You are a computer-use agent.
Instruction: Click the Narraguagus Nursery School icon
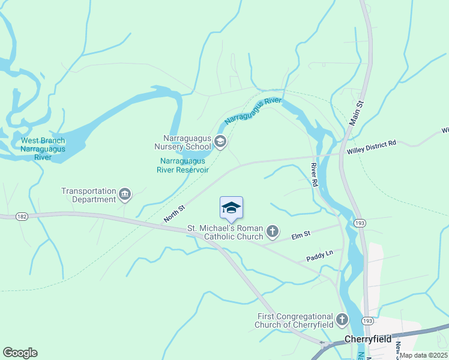click(x=220, y=142)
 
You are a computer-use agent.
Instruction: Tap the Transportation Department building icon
click(x=125, y=193)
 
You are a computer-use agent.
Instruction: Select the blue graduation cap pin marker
click(x=231, y=208)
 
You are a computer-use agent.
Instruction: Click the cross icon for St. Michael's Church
click(x=273, y=231)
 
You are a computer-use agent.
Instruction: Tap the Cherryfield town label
click(x=367, y=339)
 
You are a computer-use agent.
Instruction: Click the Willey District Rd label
click(x=372, y=144)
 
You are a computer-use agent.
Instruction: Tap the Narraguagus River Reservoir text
click(x=182, y=165)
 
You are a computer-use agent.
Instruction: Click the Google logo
click(x=20, y=353)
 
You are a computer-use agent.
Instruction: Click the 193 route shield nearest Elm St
click(x=360, y=223)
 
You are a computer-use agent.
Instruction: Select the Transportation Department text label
click(x=88, y=195)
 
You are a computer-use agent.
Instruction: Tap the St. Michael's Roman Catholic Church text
click(x=225, y=232)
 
